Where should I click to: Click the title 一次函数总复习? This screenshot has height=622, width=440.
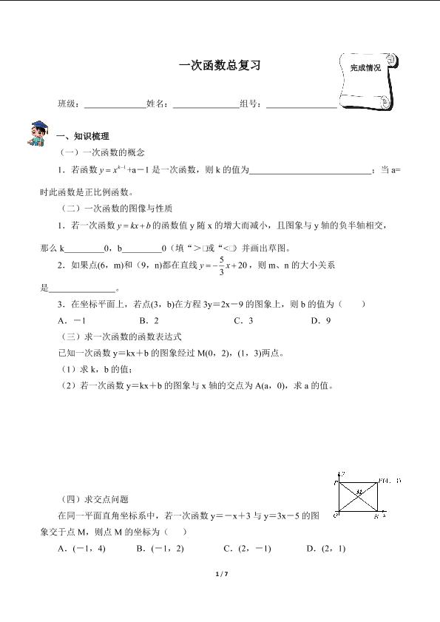pyautogui.click(x=220, y=65)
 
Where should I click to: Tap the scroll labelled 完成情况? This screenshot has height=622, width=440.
pyautogui.click(x=367, y=80)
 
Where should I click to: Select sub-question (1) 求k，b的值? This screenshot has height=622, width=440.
pyautogui.click(x=97, y=369)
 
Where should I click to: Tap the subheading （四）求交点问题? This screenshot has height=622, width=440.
pyautogui.click(x=97, y=499)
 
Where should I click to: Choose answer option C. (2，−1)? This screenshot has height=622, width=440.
pyautogui.click(x=247, y=548)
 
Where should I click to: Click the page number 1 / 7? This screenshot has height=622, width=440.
pyautogui.click(x=220, y=574)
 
